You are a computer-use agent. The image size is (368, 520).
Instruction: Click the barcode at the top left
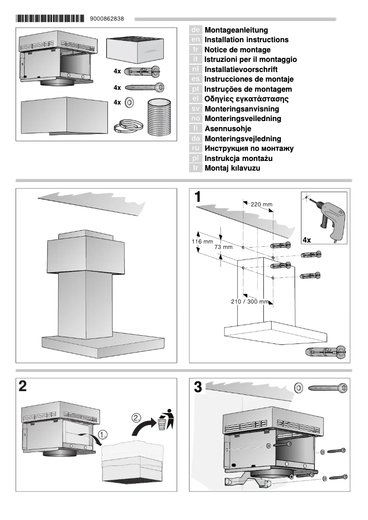coord(50,19)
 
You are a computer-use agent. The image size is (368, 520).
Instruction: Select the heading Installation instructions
coord(246,40)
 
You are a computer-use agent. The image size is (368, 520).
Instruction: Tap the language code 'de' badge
coord(195,30)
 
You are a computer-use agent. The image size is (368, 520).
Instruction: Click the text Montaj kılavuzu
coord(232,168)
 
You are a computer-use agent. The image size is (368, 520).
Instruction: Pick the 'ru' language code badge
coord(195,149)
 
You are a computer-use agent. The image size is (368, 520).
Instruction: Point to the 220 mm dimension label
coord(262,204)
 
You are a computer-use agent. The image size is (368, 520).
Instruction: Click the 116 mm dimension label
coord(202,241)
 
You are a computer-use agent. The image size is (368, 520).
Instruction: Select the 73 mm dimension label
coord(223,247)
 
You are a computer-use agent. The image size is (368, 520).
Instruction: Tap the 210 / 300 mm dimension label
coord(250,301)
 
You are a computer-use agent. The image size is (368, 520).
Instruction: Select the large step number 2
coord(22,387)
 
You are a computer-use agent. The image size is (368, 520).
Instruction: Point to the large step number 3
coord(198,387)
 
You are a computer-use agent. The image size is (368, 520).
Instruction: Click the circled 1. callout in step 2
coord(103,433)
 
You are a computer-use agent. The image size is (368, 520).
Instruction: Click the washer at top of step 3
coord(299,388)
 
